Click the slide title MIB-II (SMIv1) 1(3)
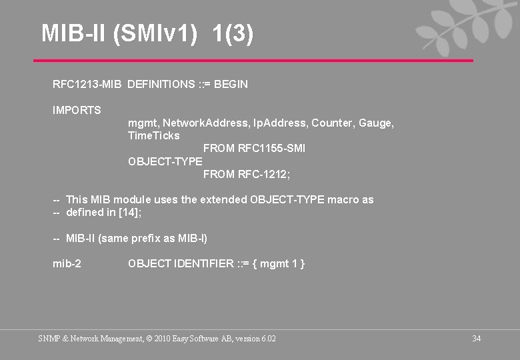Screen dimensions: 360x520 point(147,33)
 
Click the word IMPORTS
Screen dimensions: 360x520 point(77,110)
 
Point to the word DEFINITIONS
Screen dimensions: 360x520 point(161,85)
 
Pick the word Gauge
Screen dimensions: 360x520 point(376,123)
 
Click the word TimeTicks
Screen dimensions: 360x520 point(153,136)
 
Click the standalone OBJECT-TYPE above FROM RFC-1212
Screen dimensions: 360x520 point(165,161)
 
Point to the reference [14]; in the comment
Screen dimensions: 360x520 point(131,213)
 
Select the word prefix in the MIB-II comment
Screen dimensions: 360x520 point(141,238)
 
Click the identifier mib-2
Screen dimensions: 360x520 point(67,264)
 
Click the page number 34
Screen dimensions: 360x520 point(476,339)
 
